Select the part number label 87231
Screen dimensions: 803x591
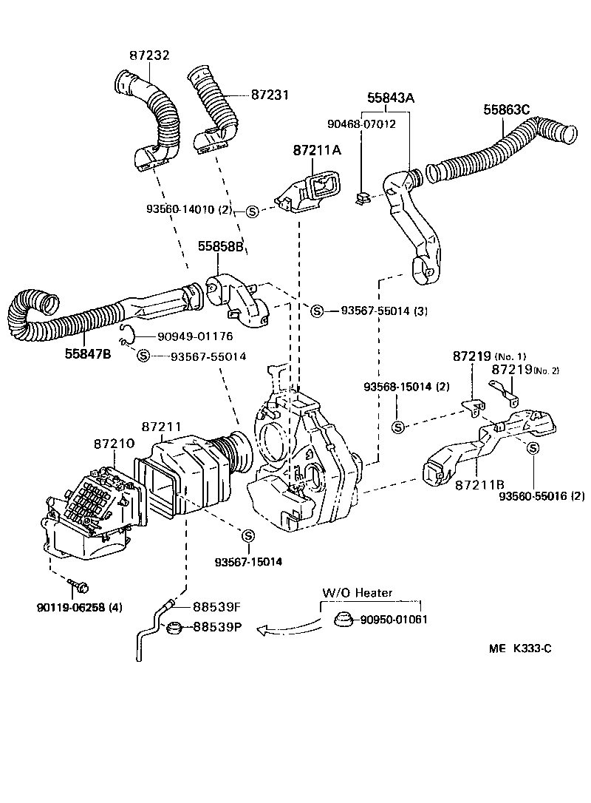270,95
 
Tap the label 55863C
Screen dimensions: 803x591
507,109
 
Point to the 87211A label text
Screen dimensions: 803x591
317,150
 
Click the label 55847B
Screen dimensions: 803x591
86,354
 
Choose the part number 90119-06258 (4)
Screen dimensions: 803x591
79,608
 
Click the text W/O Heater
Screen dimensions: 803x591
357,592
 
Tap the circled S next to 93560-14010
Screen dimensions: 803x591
251,211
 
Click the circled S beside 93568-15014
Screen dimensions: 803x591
397,427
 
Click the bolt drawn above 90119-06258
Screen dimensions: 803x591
79,587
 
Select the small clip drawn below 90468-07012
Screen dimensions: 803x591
363,197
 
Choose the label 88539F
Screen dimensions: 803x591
217,607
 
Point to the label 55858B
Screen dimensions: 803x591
220,246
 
